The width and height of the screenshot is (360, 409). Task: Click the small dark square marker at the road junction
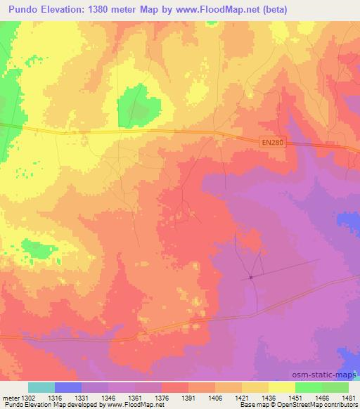[x=250, y=277]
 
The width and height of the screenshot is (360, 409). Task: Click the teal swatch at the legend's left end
[x=41, y=387]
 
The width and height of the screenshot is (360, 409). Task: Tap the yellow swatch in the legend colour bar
[x=281, y=387]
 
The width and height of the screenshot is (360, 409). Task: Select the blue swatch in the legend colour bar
[x=68, y=387]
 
